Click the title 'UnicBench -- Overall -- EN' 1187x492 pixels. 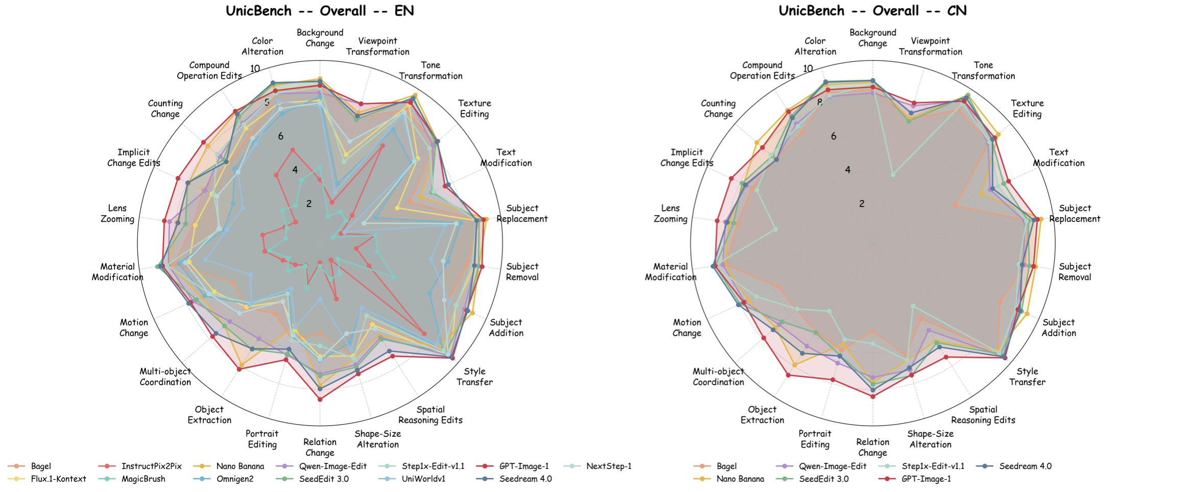tap(320, 11)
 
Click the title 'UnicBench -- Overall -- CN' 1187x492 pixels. tap(872, 11)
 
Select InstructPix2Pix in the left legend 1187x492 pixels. tap(151, 466)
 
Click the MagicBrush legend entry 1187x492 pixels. tap(143, 479)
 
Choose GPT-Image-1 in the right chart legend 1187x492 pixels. tap(926, 479)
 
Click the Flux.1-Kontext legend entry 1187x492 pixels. tap(58, 479)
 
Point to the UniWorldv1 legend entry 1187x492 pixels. tap(423, 479)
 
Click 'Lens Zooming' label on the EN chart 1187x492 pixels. tap(117, 214)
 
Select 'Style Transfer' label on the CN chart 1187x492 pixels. tap(1027, 377)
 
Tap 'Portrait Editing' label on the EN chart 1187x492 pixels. tap(262, 439)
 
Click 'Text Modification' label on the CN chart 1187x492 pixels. tap(1058, 157)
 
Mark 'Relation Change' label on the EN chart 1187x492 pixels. tap(320, 447)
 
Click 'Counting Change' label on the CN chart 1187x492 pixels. tap(718, 108)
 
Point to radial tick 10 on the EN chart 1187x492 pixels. tap(255, 68)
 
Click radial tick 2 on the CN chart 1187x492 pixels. tap(862, 204)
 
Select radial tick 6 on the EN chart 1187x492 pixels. tap(280, 136)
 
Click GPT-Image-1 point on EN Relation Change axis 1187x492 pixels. tap(320, 400)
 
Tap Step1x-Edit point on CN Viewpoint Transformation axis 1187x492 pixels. tap(893, 175)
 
